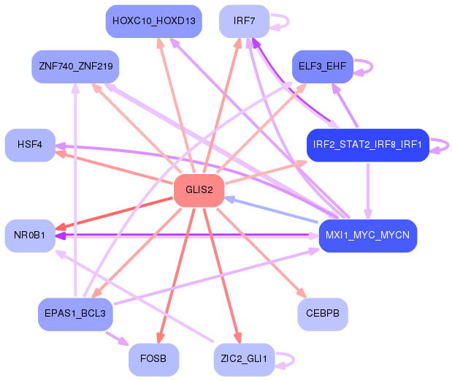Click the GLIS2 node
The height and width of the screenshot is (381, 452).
coord(199,190)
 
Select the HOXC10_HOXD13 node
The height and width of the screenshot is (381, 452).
coord(153,20)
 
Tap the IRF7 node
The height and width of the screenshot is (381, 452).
coord(244,20)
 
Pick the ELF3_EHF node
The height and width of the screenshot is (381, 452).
coord(322,67)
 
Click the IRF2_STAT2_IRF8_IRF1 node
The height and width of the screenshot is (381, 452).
coord(367,144)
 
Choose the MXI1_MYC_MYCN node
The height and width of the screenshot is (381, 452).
coord(367,235)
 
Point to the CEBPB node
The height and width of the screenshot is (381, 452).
coord(322,314)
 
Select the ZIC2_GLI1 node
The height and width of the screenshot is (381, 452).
coord(244,358)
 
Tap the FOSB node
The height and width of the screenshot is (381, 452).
coord(153,358)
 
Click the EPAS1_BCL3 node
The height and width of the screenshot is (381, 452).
coord(75,314)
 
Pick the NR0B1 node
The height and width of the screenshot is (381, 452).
coord(30,235)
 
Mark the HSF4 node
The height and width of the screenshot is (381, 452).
coord(30,144)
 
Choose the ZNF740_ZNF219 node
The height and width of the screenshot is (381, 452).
coord(75,67)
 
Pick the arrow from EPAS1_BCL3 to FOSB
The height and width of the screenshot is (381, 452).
coord(116,338)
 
